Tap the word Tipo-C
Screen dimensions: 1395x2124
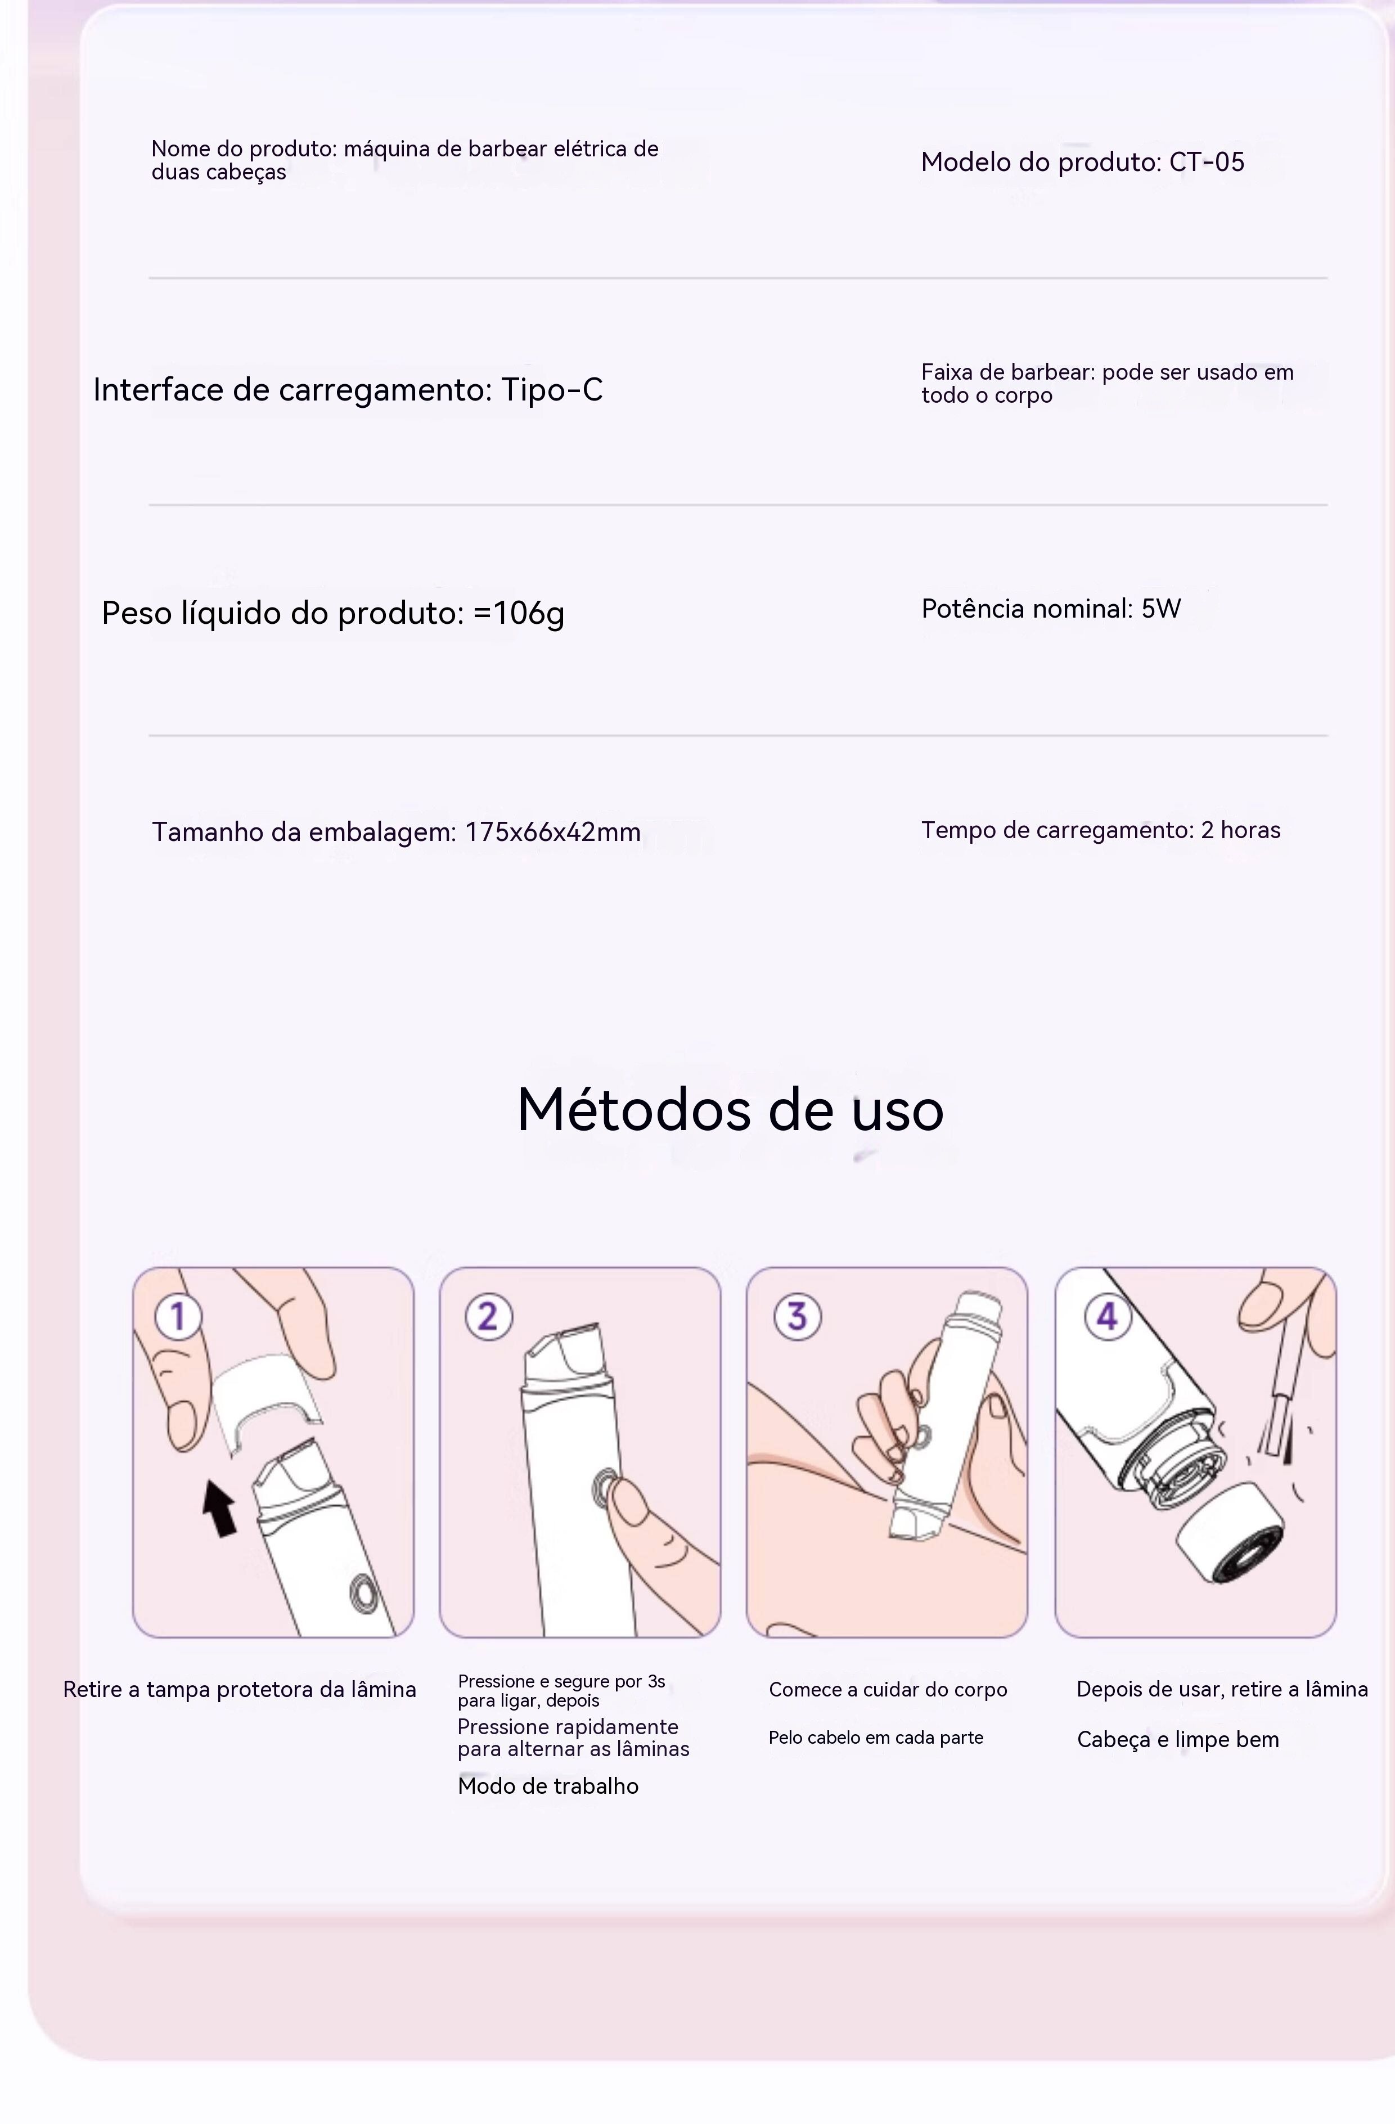(552, 390)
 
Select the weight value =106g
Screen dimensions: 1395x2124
(519, 613)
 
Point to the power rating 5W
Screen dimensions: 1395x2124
(1161, 609)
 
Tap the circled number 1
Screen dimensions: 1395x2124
(178, 1316)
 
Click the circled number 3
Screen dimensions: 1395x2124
(797, 1316)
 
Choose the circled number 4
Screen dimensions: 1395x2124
(1108, 1316)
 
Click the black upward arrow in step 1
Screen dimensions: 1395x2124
(219, 1508)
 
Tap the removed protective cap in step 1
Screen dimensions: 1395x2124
(266, 1401)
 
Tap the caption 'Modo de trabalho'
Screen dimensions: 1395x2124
(548, 1786)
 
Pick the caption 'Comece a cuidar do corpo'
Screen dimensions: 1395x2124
(888, 1689)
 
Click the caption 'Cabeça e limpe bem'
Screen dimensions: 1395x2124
(1178, 1739)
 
